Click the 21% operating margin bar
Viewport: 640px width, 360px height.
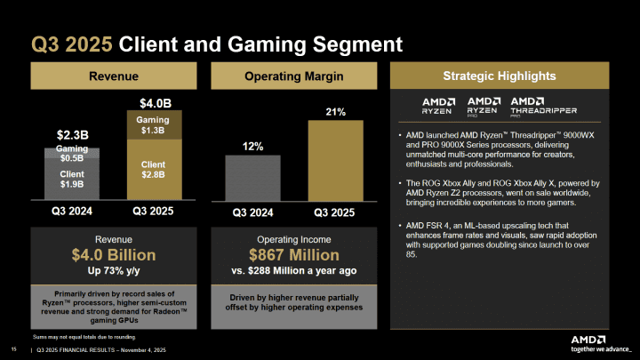(335, 164)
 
